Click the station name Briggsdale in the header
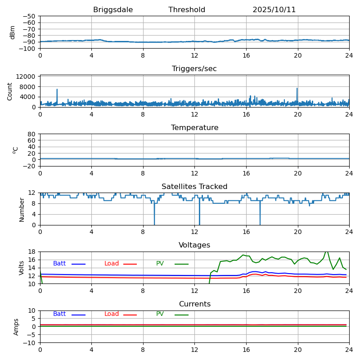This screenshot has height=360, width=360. (x=113, y=10)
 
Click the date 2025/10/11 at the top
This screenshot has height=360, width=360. (x=274, y=10)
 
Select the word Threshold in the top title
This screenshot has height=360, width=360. (x=187, y=10)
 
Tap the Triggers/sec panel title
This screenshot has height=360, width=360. (x=194, y=69)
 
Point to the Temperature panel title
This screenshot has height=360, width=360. (x=194, y=128)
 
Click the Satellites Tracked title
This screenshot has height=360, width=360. (x=194, y=187)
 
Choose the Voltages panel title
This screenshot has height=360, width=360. (x=194, y=245)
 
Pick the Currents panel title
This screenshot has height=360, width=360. (x=194, y=304)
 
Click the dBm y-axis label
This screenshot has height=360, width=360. (x=13, y=32)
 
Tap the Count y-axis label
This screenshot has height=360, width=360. (x=10, y=91)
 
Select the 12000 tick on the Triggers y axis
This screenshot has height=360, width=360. (x=27, y=77)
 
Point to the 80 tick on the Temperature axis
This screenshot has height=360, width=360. (x=32, y=134)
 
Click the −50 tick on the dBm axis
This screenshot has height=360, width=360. (x=28, y=16)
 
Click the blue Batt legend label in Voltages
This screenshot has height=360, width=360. (x=59, y=264)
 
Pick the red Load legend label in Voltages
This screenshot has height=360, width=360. (x=112, y=264)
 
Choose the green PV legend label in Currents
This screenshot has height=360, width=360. (x=161, y=314)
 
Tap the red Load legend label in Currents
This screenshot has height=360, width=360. (x=112, y=314)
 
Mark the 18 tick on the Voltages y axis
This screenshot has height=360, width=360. (x=32, y=252)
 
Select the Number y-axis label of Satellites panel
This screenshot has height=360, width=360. (x=22, y=209)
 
